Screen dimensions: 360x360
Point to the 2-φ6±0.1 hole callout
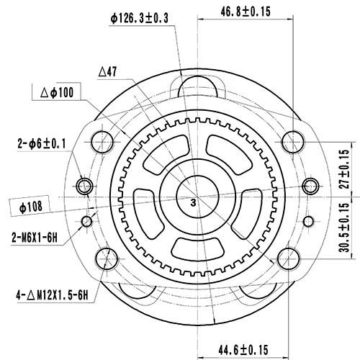point(41,144)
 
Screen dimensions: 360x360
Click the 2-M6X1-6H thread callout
point(40,235)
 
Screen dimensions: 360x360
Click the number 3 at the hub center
point(193,204)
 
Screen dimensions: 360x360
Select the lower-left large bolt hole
point(107,256)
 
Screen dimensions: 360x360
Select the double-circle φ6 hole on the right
point(310,184)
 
